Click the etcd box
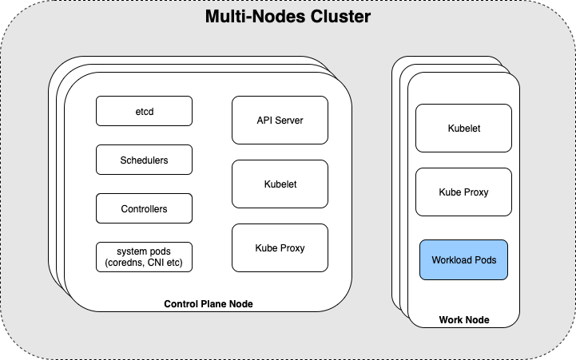tap(144, 111)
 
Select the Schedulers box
tap(144, 160)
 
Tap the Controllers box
tap(144, 208)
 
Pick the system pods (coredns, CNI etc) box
tap(144, 257)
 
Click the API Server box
tap(280, 120)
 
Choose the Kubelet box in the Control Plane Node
tap(280, 184)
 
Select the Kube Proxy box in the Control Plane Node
tap(280, 247)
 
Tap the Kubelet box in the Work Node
tap(463, 128)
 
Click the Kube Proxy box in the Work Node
tap(463, 192)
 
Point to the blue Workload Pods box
tap(463, 259)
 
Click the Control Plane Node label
tap(209, 304)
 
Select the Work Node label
tap(464, 319)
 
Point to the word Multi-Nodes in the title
tap(256, 17)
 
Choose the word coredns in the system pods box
tap(125, 263)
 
